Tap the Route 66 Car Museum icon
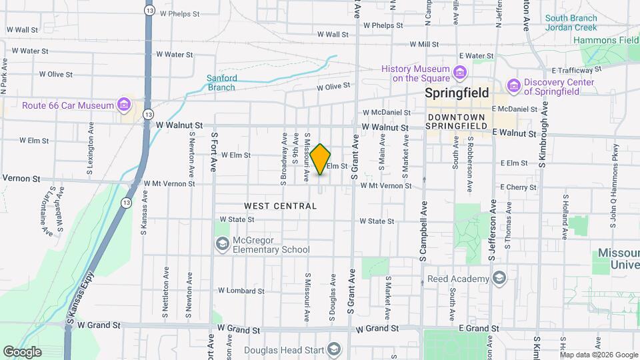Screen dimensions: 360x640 point(123,105)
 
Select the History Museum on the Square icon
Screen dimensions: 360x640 point(459,72)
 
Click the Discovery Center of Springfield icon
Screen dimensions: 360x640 point(513,86)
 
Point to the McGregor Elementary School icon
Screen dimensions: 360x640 point(221,245)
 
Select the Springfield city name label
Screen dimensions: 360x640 point(457,93)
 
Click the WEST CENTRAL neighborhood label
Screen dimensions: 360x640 point(280,206)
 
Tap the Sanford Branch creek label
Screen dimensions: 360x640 point(221,83)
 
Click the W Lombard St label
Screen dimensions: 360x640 point(241,291)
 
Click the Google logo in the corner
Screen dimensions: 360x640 point(22,351)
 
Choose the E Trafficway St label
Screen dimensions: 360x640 point(577,70)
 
